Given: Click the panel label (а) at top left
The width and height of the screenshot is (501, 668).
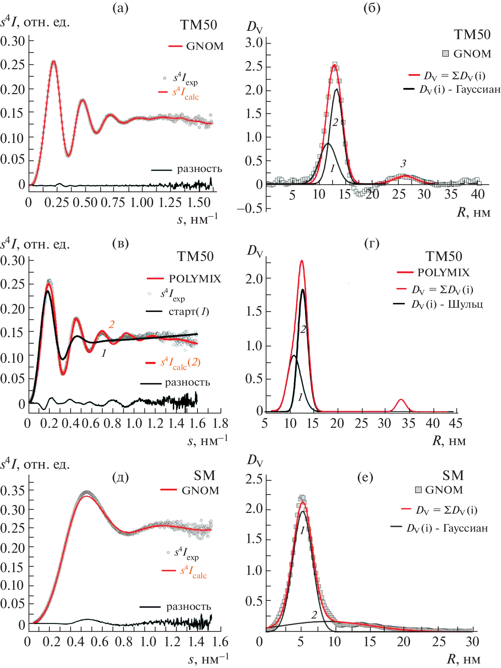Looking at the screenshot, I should coord(120,8).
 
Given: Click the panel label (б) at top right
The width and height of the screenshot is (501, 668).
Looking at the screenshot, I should coord(372,8).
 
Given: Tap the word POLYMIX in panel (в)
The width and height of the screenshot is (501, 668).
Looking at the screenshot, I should coord(195,279).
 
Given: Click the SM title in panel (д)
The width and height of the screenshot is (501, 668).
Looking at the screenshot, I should coord(204,476).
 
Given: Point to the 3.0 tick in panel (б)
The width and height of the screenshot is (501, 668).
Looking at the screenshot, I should coord(254,43).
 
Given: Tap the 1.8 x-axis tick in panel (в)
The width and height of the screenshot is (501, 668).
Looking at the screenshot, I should coord(220,424).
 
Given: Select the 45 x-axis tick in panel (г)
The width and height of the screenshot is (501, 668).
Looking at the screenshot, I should coord(455,423).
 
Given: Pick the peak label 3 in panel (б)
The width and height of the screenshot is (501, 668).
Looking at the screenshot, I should coord(403,163).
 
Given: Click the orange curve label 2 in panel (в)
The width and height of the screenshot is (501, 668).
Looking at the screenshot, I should coord(111,324).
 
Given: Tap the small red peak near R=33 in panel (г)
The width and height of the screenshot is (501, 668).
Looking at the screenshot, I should coord(401,400).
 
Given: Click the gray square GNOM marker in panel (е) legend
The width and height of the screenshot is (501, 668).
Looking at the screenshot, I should coord(418,490).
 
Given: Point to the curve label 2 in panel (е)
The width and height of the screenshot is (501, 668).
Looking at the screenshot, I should coord(314,615).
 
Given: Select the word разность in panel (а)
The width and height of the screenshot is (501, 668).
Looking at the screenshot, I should coord(200,169).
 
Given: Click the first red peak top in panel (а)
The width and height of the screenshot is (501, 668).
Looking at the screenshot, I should coord(54,61).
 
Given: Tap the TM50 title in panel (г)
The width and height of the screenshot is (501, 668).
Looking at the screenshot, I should coord(444,256).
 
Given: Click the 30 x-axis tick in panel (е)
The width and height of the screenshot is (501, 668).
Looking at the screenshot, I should coord(472,642).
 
